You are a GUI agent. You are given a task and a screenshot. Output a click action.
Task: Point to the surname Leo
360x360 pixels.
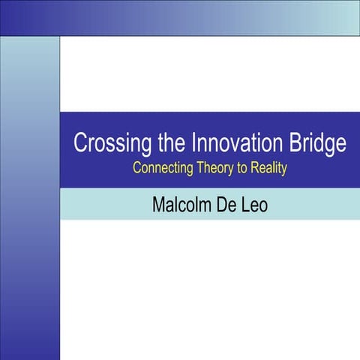(252, 204)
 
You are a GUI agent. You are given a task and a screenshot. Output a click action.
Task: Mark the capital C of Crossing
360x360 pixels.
(79, 143)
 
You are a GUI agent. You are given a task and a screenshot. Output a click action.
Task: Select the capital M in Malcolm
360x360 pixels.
(159, 204)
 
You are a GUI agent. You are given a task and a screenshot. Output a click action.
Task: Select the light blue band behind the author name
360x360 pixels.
(315, 204)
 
